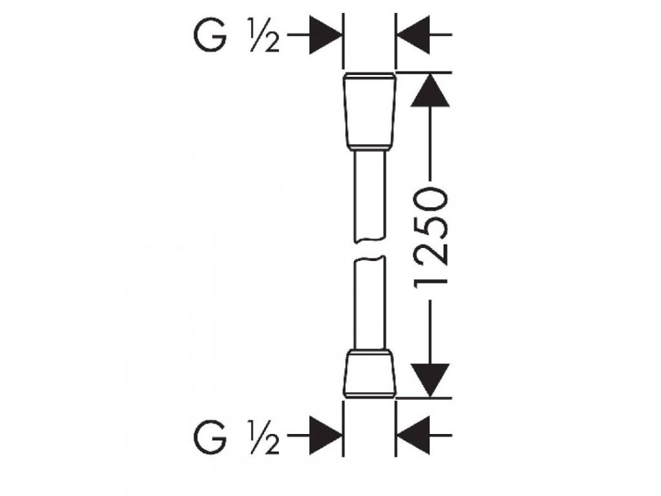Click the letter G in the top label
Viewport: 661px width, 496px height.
pos(210,37)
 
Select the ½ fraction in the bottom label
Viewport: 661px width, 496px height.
pos(262,440)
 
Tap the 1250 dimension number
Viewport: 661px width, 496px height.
pos(429,236)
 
